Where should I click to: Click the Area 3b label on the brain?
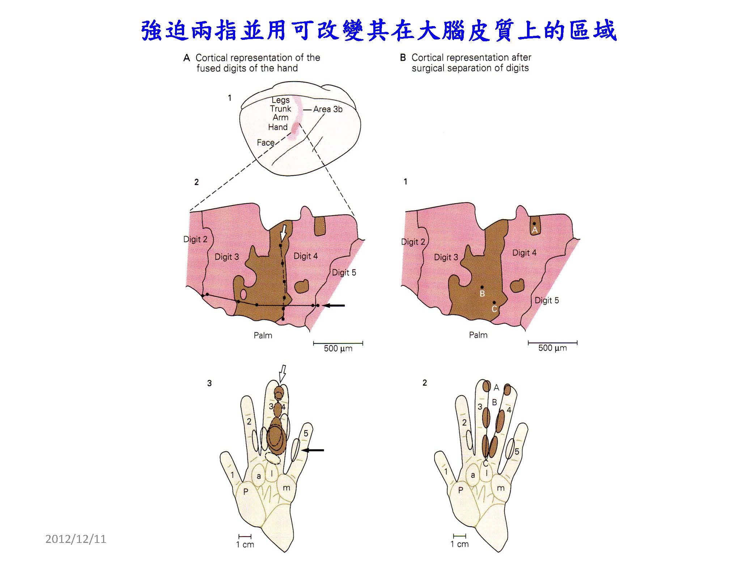328,109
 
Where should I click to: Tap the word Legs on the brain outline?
281,100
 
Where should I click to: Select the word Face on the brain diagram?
266,143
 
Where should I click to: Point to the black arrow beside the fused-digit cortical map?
334,306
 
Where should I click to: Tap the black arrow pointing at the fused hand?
313,450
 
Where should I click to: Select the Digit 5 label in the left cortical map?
344,273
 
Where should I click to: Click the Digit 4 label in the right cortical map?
524,253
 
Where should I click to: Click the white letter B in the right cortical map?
482,294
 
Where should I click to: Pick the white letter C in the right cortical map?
494,309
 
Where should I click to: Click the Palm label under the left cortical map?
263,335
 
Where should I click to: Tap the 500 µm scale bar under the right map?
553,342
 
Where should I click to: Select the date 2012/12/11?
76,539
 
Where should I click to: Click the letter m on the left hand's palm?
286,488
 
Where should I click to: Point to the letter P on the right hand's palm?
460,490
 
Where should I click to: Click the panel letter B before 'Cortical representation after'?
403,58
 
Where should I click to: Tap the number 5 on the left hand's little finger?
306,433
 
